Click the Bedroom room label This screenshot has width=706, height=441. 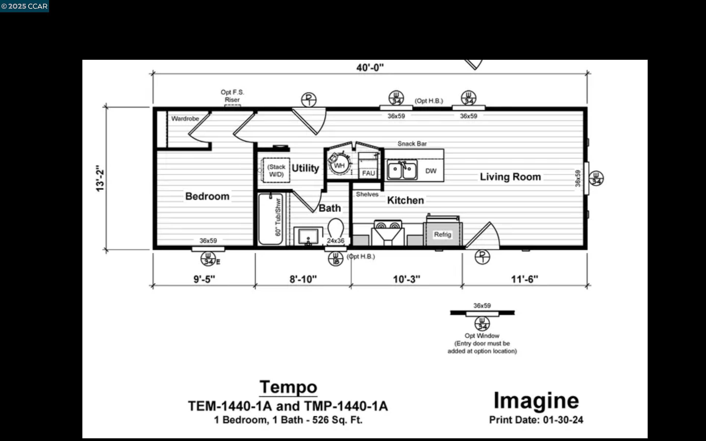point(207,196)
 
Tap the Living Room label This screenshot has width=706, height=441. point(510,177)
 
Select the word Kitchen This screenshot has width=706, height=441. point(405,200)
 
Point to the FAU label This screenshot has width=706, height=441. point(368,173)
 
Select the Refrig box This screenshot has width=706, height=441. point(442,234)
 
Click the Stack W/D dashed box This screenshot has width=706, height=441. point(276,171)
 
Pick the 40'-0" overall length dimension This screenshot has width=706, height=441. point(370,68)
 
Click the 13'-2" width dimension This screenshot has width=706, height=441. point(100,178)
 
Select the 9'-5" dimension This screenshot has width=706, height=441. point(204,279)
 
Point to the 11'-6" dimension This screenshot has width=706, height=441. point(524,279)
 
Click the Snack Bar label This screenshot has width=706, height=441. point(412,144)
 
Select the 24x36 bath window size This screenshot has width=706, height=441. point(336,241)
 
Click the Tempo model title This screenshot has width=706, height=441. point(288,387)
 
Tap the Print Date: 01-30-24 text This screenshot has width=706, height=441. point(536,420)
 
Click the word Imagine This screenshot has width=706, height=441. point(536,401)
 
